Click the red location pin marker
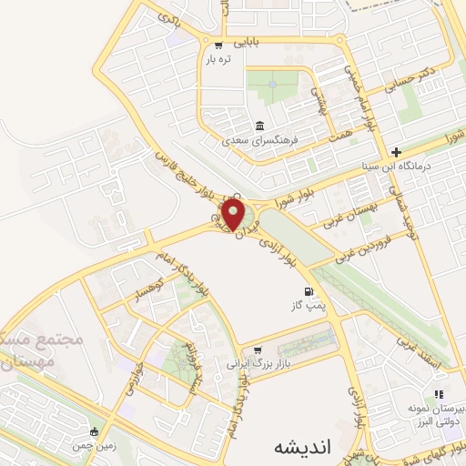coord(233,215)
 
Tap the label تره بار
coord(218,59)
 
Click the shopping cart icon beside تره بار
coord(218,46)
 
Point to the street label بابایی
coord(248,42)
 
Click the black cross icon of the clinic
coord(395,151)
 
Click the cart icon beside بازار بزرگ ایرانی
coord(259,349)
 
